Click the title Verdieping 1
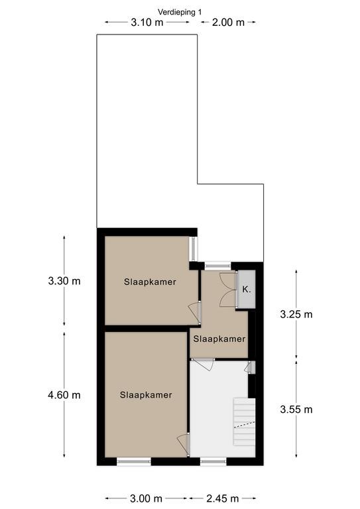pyautogui.click(x=180, y=12)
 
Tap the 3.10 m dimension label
pyautogui.click(x=147, y=23)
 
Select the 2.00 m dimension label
pyautogui.click(x=228, y=23)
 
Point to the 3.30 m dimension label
pyautogui.click(x=64, y=281)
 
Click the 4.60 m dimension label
pyautogui.click(x=64, y=395)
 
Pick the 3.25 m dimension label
pyautogui.click(x=296, y=314)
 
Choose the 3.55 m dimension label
pyautogui.click(x=296, y=410)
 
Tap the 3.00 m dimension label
pyautogui.click(x=146, y=498)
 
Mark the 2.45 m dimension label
pyautogui.click(x=223, y=498)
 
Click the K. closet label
pyautogui.click(x=247, y=290)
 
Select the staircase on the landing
pyautogui.click(x=245, y=422)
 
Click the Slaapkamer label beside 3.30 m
pyautogui.click(x=150, y=282)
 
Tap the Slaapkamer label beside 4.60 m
pyautogui.click(x=146, y=395)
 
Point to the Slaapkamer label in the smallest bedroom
pyautogui.click(x=219, y=339)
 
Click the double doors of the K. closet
pyautogui.click(x=229, y=290)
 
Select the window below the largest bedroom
pyautogui.click(x=134, y=461)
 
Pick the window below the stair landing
pyautogui.click(x=213, y=461)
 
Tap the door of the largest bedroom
pyautogui.click(x=184, y=445)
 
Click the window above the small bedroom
pyautogui.click(x=217, y=266)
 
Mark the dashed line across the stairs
pyautogui.click(x=245, y=424)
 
